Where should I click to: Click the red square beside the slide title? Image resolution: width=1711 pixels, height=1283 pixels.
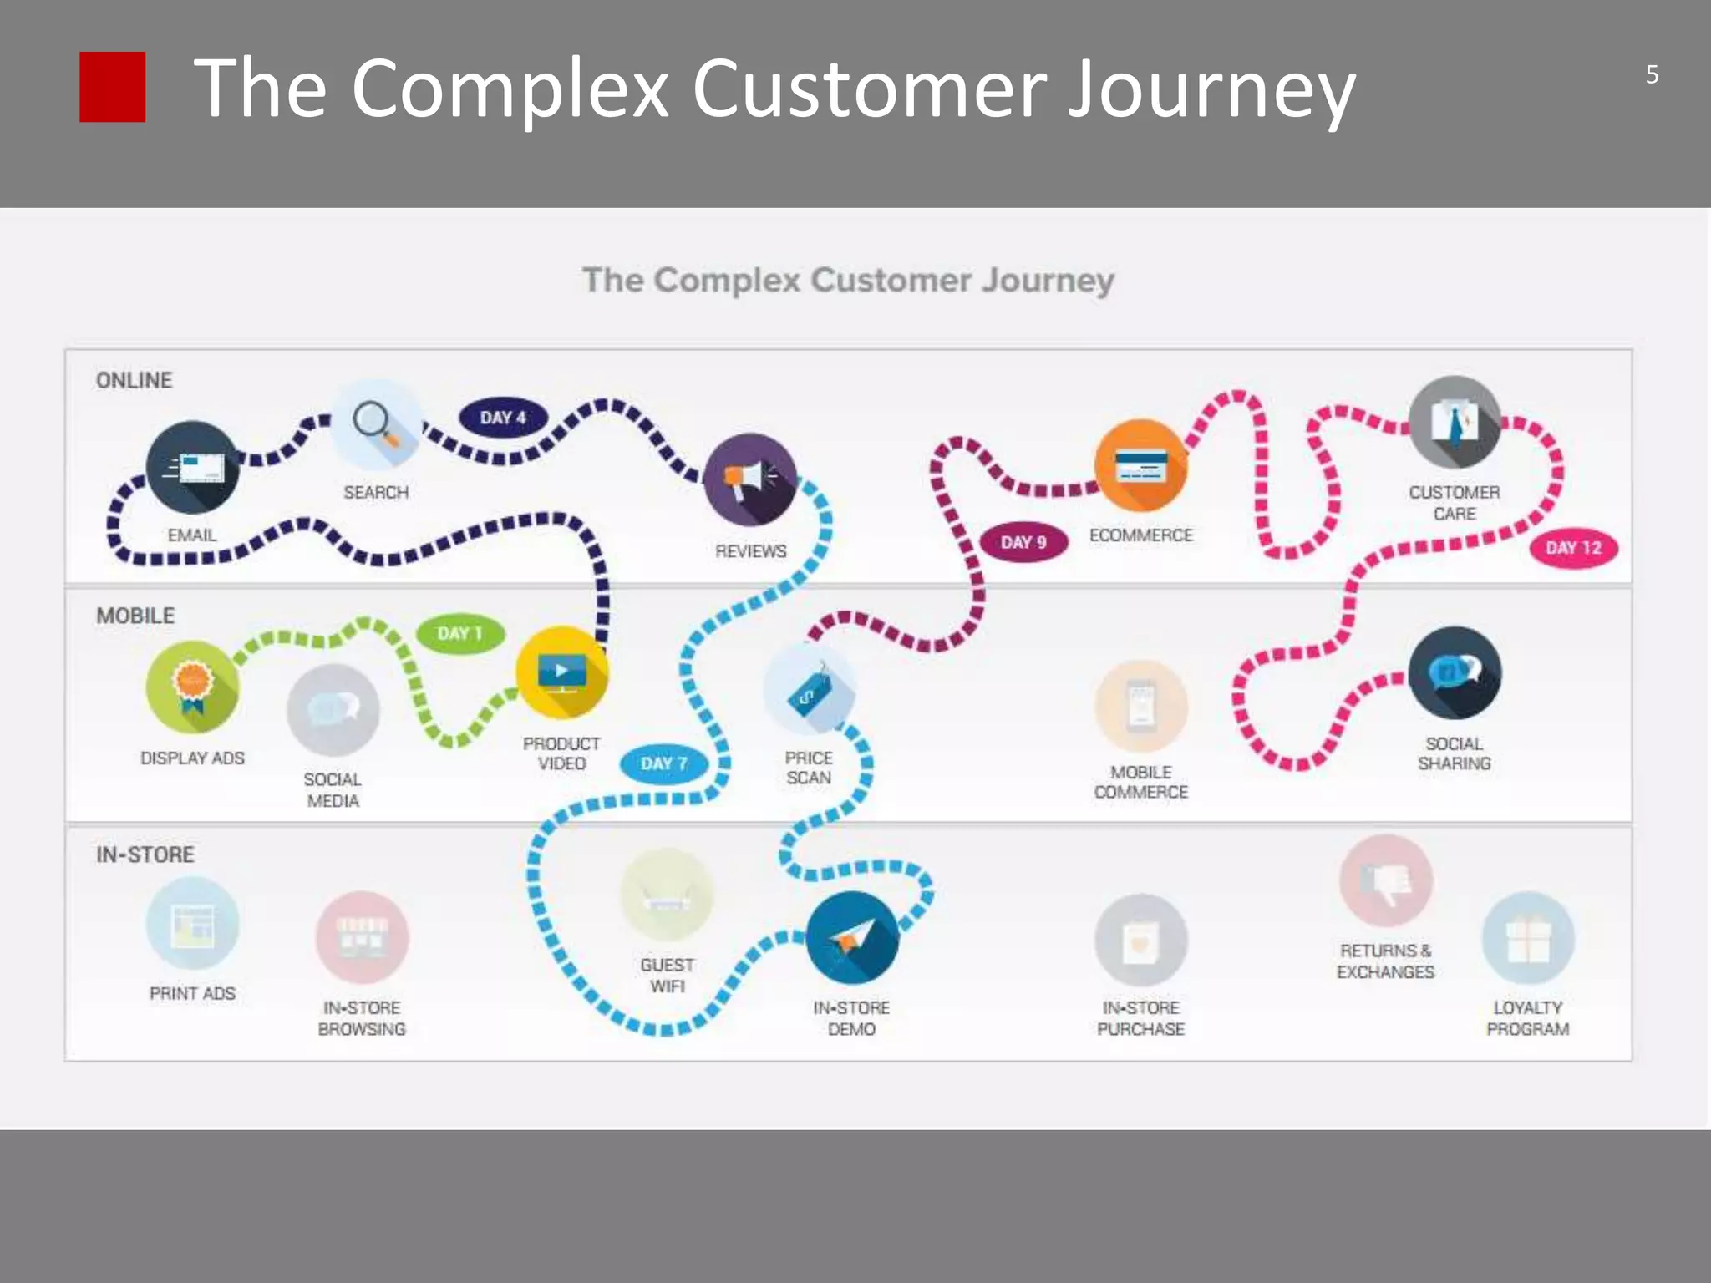112,87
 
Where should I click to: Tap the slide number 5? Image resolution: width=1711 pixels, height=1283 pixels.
1652,75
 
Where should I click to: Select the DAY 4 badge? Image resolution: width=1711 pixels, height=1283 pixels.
503,418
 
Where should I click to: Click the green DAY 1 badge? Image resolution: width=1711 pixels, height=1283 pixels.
460,633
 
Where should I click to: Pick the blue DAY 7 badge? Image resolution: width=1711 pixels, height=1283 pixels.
664,763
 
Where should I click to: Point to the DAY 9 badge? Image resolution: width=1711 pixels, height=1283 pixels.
1023,542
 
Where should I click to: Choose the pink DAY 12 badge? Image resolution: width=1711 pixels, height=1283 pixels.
1573,548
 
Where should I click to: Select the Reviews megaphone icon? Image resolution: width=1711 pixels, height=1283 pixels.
750,479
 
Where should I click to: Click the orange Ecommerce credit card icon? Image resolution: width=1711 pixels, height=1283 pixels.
1140,466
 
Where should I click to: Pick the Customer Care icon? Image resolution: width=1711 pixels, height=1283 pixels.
1455,422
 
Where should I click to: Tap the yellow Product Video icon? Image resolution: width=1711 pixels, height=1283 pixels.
561,672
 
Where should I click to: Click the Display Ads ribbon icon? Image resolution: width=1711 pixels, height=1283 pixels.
192,687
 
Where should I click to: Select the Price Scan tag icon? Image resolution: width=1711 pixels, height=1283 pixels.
809,688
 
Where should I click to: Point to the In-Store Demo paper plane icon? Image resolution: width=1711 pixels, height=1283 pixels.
852,937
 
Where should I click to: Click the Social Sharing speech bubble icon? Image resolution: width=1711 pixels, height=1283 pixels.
1455,672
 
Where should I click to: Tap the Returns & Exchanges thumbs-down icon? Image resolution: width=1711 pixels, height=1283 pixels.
1386,880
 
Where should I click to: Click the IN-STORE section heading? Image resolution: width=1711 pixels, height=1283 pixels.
145,854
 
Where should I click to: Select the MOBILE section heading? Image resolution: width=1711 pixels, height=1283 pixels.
135,616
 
